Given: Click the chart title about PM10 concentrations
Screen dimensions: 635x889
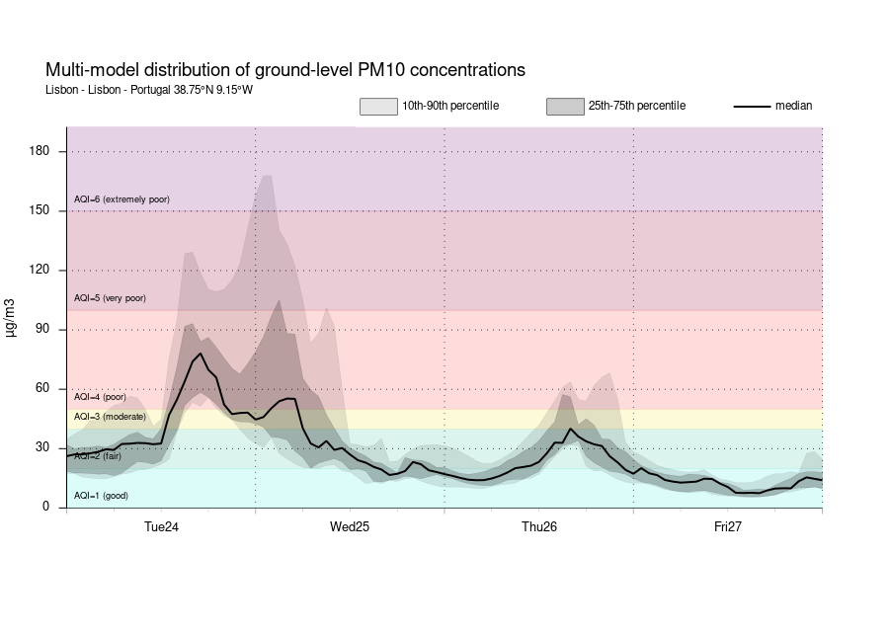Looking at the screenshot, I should click(285, 70).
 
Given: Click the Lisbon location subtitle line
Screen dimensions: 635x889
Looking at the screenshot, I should click(149, 90).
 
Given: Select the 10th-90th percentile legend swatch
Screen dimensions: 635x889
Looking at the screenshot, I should click(377, 106).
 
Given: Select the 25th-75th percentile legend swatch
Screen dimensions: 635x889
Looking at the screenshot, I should click(565, 106).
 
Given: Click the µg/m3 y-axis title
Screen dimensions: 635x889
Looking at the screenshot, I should click(12, 317).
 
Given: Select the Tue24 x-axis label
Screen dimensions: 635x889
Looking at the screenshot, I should click(161, 527).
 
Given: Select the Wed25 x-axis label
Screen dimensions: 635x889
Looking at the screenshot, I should click(350, 527).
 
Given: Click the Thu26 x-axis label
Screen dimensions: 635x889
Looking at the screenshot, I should click(539, 527).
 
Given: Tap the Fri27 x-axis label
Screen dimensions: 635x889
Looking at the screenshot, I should click(728, 527).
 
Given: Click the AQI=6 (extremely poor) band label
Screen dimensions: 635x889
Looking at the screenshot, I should click(121, 199).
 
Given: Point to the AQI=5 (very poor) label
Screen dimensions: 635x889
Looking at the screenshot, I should click(110, 298).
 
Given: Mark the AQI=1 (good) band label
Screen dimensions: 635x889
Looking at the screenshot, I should click(101, 496).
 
